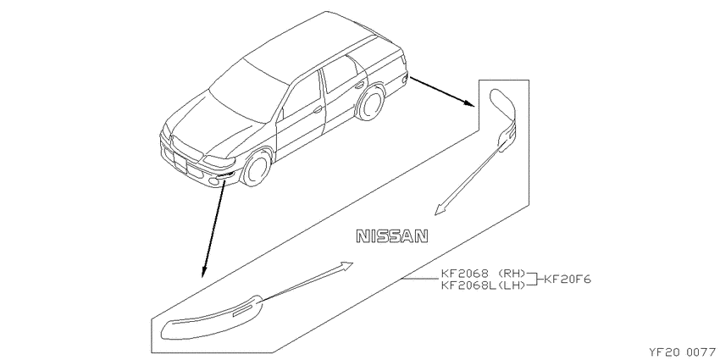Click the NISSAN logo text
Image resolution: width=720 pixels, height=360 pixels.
point(392,236)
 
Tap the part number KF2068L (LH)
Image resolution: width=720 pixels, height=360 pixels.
point(483,285)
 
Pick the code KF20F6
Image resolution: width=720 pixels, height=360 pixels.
point(568,280)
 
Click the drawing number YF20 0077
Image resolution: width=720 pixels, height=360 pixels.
point(683,352)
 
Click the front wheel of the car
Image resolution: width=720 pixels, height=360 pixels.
point(257,168)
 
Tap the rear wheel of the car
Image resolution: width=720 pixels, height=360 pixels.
point(369,104)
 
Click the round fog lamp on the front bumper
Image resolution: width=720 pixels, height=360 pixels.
point(213,183)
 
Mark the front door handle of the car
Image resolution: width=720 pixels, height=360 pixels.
point(318,110)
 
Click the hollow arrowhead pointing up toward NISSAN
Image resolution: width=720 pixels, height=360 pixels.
point(346,265)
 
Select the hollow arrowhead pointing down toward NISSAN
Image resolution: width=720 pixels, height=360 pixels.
point(440,209)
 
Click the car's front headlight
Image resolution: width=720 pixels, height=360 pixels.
point(219,161)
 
